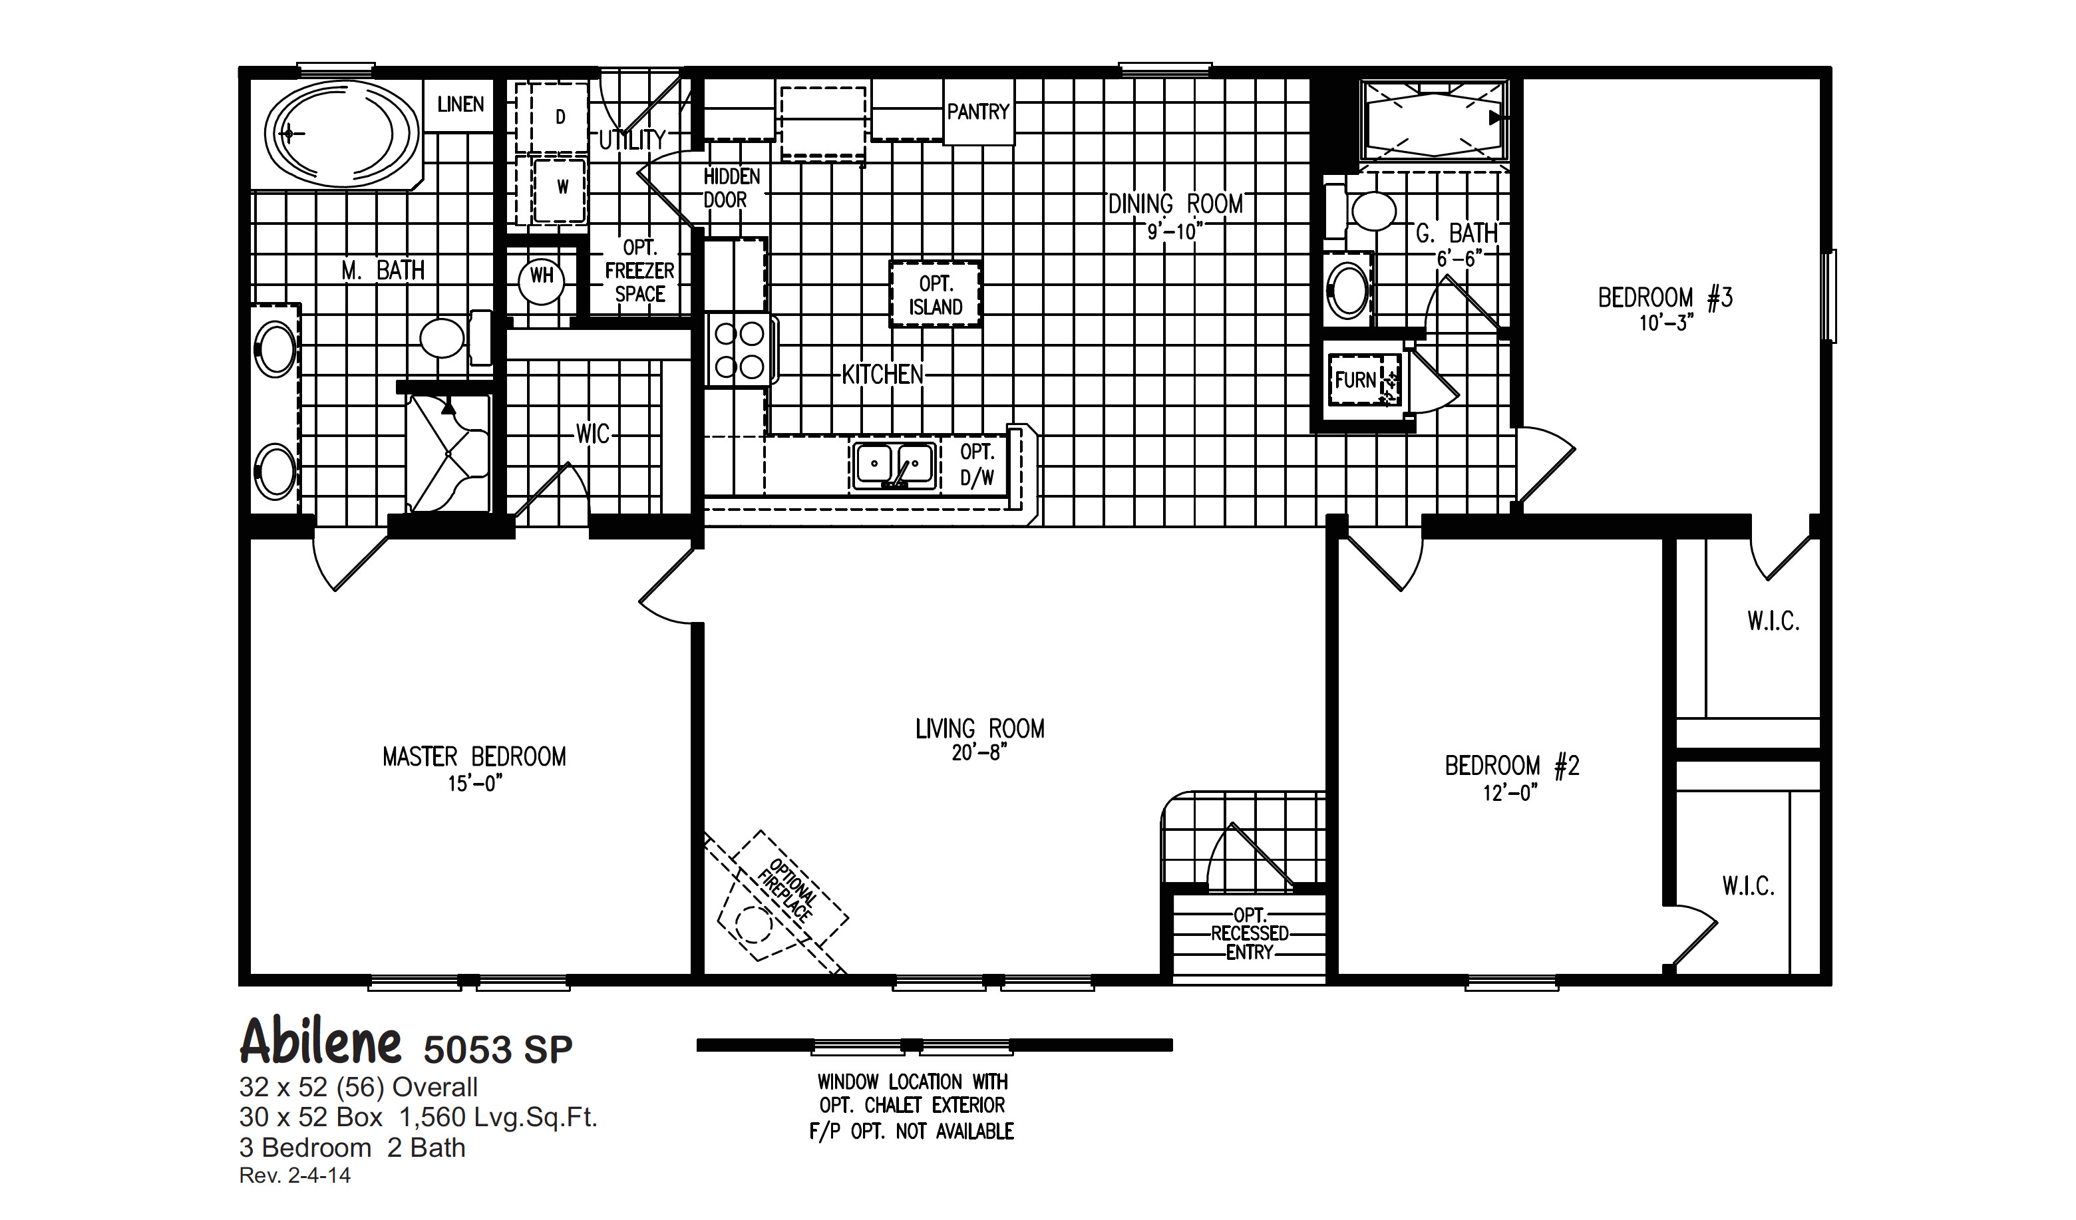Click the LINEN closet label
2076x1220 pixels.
(x=460, y=104)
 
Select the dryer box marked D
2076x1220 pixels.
(x=560, y=117)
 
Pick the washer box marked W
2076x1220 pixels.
(x=561, y=188)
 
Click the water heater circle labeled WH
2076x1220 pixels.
(x=541, y=276)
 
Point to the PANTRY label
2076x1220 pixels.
(x=978, y=111)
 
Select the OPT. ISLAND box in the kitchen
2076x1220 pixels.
(x=935, y=295)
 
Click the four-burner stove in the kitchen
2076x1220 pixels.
(x=739, y=350)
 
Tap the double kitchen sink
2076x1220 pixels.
(x=894, y=466)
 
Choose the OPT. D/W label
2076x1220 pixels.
(x=977, y=464)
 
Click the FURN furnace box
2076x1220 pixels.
(x=1356, y=381)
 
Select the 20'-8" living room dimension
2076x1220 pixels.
(x=979, y=753)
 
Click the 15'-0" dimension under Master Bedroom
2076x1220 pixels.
(x=474, y=784)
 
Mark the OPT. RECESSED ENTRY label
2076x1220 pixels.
(x=1249, y=933)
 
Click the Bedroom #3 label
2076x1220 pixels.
(x=1665, y=297)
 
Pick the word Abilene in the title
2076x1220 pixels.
(x=321, y=1042)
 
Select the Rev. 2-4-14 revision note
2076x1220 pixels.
(x=295, y=1175)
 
